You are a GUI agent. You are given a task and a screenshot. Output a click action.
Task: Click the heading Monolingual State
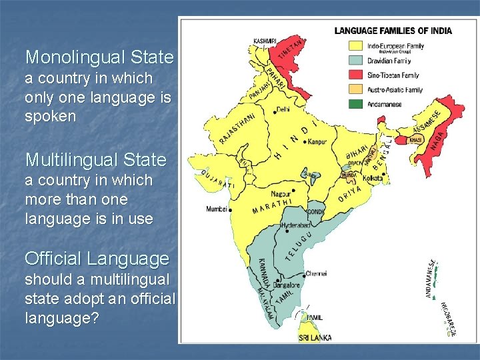point(99,57)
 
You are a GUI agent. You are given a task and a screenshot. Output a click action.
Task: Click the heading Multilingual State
point(95,160)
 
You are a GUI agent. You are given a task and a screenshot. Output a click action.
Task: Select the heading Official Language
point(97,258)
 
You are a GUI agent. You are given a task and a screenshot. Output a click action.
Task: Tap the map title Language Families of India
point(393,31)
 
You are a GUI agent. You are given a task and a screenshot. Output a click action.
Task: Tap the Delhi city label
point(283,108)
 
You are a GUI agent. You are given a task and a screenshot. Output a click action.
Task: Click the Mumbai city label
point(217,209)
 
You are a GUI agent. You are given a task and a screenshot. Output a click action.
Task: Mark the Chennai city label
point(316,273)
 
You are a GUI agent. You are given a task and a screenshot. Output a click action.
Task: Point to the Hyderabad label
point(295,226)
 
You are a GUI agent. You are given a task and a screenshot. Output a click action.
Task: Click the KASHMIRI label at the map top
point(265,41)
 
